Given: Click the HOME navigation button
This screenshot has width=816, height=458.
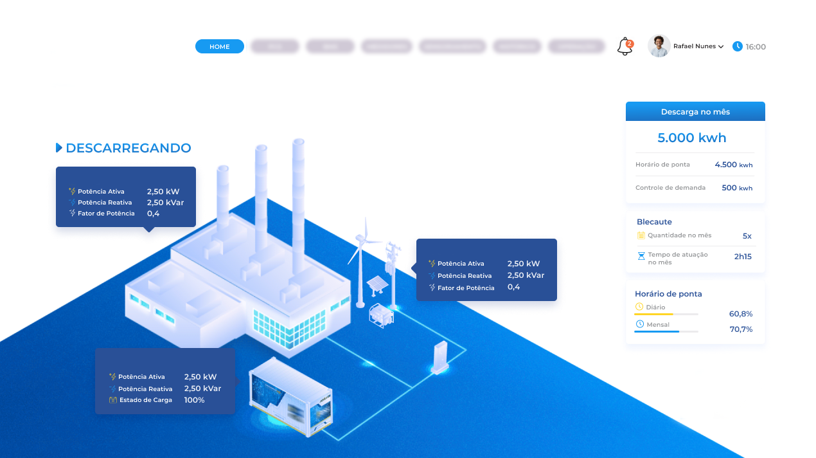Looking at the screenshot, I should click(220, 46).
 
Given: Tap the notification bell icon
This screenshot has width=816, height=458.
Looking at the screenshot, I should click(625, 46).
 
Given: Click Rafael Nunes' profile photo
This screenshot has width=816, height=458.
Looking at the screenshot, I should click(659, 46).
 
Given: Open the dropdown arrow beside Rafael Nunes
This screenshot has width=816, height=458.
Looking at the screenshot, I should click(721, 47).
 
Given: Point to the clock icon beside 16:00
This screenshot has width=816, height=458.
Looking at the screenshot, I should click(738, 46).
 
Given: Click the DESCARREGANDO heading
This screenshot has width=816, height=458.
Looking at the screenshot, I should click(128, 148).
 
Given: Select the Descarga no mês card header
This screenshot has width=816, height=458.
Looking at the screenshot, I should click(695, 112).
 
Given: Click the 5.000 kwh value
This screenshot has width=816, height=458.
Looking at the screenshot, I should click(692, 138).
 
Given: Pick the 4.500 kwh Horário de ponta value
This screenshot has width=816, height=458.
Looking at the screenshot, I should click(733, 165).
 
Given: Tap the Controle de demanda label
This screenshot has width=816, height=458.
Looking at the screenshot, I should click(670, 188).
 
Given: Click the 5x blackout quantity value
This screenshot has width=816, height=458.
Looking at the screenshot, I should click(747, 236).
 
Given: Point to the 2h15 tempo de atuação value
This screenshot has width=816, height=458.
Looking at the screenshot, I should click(743, 257).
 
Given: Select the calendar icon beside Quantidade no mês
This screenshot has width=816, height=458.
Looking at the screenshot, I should click(641, 235).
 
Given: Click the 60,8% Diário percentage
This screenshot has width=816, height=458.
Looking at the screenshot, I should click(741, 314).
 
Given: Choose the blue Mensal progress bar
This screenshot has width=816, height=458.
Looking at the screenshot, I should click(657, 331).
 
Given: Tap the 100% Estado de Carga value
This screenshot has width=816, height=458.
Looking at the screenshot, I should click(194, 400).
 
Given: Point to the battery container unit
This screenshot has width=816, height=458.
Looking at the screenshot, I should click(290, 396).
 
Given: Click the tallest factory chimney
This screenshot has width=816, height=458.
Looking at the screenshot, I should click(298, 206).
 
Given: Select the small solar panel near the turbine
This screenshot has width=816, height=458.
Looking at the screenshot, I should click(377, 284).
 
